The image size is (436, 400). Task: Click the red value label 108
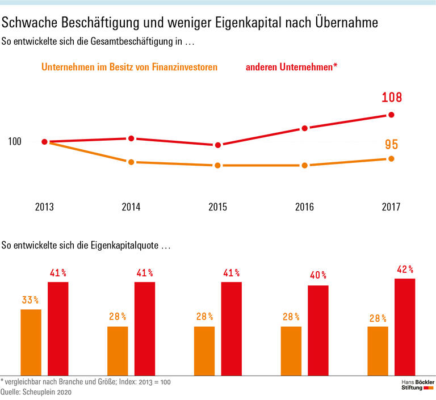pyautogui.click(x=391, y=98)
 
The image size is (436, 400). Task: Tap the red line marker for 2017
pyautogui.click(x=391, y=115)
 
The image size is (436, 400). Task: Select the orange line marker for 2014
pyautogui.click(x=131, y=162)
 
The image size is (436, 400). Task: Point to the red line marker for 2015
pyautogui.click(x=217, y=145)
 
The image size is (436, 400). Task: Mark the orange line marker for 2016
pyautogui.click(x=305, y=166)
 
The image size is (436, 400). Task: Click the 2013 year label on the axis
pyautogui.click(x=44, y=207)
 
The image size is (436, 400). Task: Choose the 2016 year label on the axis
pyautogui.click(x=304, y=207)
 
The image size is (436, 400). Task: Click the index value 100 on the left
pyautogui.click(x=15, y=141)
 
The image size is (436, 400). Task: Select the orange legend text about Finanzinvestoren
pyautogui.click(x=129, y=68)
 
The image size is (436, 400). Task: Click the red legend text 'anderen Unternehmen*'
pyautogui.click(x=292, y=68)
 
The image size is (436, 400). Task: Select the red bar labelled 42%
pyautogui.click(x=405, y=327)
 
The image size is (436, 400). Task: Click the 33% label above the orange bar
pyautogui.click(x=31, y=300)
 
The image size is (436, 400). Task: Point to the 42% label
pyautogui.click(x=405, y=270)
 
